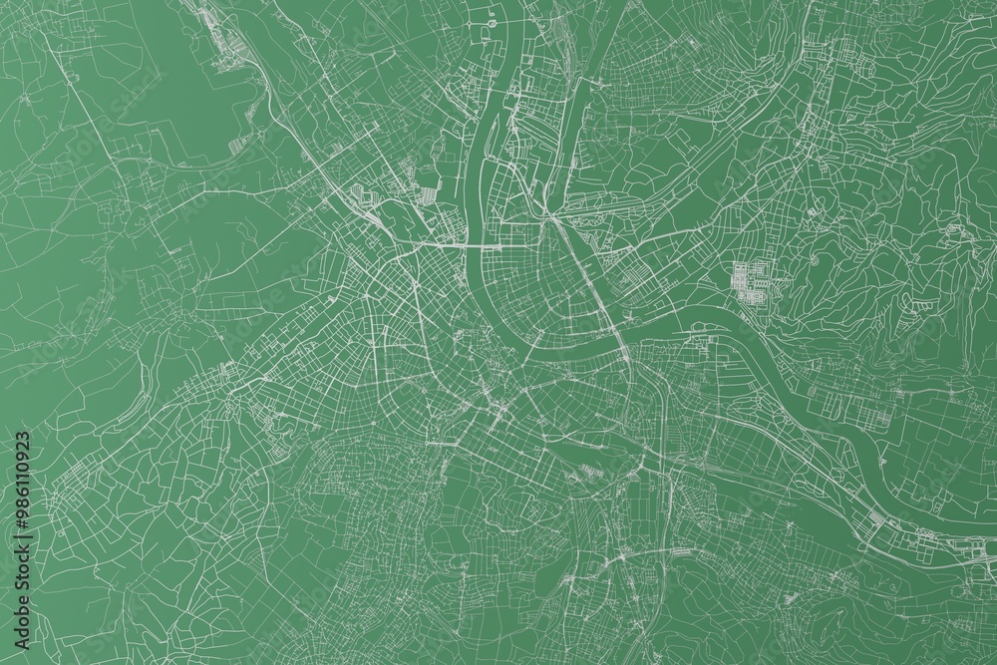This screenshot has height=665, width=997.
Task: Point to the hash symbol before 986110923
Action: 20,523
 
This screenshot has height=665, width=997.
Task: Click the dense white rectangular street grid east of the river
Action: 755,280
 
